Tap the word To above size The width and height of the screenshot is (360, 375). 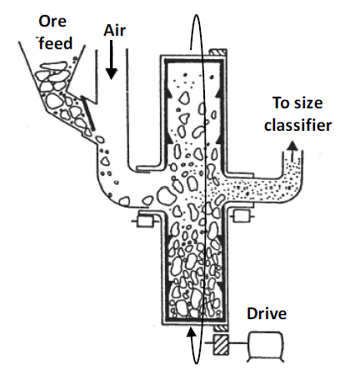click(x=283, y=103)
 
